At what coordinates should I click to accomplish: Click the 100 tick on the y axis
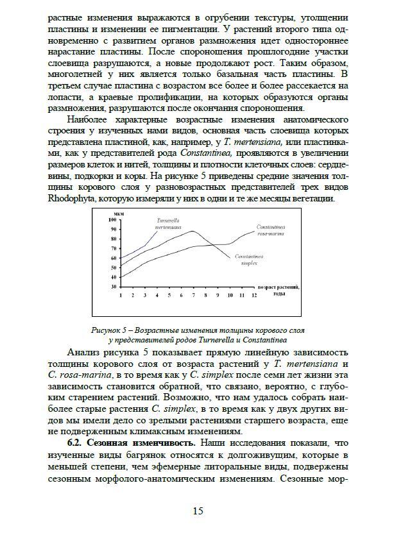coord(114,220)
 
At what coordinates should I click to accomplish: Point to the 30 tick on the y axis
coord(114,286)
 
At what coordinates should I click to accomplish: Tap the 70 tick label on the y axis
coord(114,248)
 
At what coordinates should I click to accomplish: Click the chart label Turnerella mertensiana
coord(168,223)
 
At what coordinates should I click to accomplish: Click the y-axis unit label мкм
coord(119,214)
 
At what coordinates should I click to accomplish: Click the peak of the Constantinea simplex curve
coord(193,232)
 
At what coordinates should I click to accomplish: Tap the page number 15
coord(198,511)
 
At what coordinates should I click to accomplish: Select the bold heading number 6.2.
coord(78,443)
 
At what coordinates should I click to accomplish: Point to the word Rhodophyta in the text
coord(74,199)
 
